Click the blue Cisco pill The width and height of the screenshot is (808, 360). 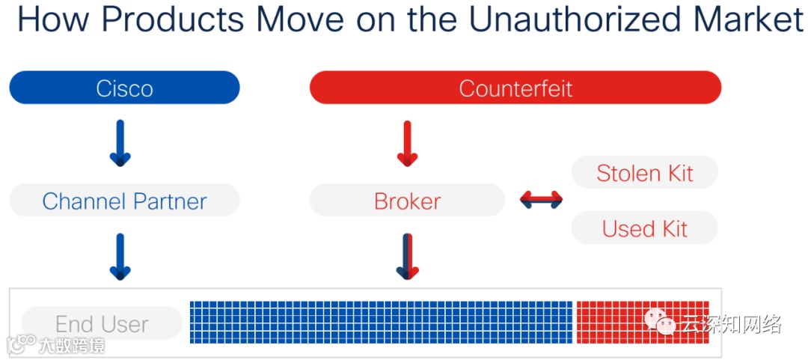pyautogui.click(x=124, y=88)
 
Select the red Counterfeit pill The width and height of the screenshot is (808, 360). pyautogui.click(x=515, y=88)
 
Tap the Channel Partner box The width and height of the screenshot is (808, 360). pyautogui.click(x=124, y=201)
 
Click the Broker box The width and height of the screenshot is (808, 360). pyautogui.click(x=407, y=201)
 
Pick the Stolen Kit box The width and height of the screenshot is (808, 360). pyautogui.click(x=644, y=173)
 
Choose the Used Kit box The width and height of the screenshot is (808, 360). pyautogui.click(x=644, y=228)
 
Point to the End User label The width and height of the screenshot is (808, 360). pyautogui.click(x=102, y=323)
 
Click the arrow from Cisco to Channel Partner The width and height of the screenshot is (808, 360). pyautogui.click(x=120, y=143)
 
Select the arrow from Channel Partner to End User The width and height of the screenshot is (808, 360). pyautogui.click(x=120, y=257)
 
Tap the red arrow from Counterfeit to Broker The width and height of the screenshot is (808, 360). pyautogui.click(x=407, y=143)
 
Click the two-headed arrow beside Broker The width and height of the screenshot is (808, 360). pyautogui.click(x=541, y=199)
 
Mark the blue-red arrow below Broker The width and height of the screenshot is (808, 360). pyautogui.click(x=407, y=257)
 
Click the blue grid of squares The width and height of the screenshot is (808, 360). pyautogui.click(x=381, y=323)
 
